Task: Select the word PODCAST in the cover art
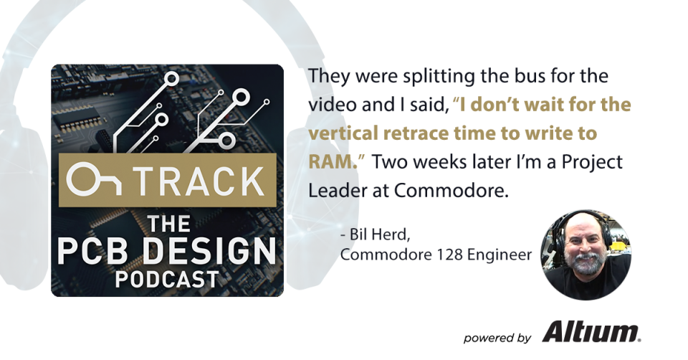tap(168, 278)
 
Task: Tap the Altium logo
tap(591, 332)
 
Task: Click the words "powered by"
tap(497, 336)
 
